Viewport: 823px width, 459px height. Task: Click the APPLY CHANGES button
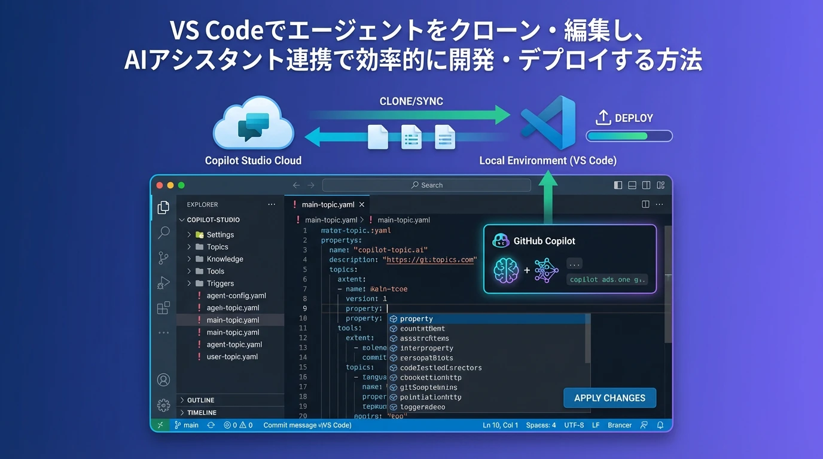[609, 398]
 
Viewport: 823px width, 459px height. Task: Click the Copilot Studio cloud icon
[254, 126]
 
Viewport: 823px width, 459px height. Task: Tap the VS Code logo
[548, 122]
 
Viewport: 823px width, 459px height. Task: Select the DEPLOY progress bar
[629, 136]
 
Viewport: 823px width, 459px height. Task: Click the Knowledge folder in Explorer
[224, 259]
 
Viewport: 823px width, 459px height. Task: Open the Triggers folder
[220, 283]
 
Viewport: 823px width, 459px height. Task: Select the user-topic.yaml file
[232, 357]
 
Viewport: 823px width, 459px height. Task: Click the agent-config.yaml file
[236, 296]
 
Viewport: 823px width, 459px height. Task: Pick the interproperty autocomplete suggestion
[426, 348]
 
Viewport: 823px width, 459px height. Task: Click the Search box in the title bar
[426, 185]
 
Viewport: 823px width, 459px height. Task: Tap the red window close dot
[160, 185]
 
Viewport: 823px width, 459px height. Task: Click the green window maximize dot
[181, 185]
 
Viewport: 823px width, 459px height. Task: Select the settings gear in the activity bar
[163, 405]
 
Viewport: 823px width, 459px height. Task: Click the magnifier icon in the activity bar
[163, 232]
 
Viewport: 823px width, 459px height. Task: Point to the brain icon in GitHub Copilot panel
[506, 270]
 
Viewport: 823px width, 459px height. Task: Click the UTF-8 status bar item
[574, 426]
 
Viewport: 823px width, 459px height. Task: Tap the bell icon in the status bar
[660, 426]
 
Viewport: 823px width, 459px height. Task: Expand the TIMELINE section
[202, 413]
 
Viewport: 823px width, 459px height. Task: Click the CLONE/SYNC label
[411, 102]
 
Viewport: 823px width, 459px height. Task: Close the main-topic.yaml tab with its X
[362, 204]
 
